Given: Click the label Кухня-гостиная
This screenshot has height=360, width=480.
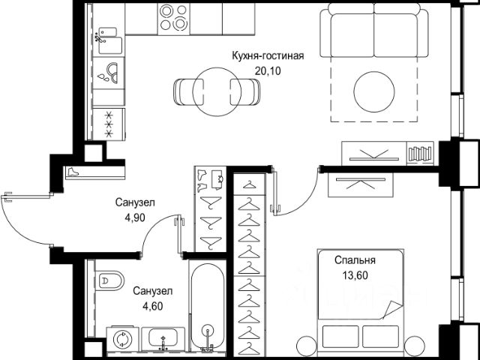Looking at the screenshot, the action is [x=268, y=56].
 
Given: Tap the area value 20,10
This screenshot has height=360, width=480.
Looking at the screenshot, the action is [x=268, y=72].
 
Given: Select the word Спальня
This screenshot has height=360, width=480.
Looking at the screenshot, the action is [x=355, y=260].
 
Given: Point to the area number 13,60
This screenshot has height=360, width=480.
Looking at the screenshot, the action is [x=355, y=276].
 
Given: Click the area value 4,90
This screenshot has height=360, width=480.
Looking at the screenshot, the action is [x=135, y=217].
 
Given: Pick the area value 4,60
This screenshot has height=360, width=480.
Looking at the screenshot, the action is [x=152, y=306].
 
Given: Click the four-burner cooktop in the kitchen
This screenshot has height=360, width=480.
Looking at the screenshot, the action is [x=173, y=18].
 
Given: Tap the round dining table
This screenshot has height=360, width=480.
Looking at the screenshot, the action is [x=217, y=91].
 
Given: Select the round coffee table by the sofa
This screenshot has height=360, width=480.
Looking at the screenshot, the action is [x=374, y=91].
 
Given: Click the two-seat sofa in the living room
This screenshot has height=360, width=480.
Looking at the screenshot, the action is [x=374, y=31].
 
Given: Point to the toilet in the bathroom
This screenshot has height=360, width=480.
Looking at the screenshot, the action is [x=109, y=280].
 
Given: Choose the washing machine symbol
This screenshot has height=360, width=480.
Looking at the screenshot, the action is [x=122, y=338].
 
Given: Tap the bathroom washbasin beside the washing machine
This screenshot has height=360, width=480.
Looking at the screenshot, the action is [x=163, y=338].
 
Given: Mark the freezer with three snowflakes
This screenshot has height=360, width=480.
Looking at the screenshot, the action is [x=109, y=124].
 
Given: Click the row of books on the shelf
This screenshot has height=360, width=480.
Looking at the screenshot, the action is [x=420, y=154].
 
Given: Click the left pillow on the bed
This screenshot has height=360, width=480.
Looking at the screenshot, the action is [x=340, y=337].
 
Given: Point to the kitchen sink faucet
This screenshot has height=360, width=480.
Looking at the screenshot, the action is [x=100, y=37].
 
